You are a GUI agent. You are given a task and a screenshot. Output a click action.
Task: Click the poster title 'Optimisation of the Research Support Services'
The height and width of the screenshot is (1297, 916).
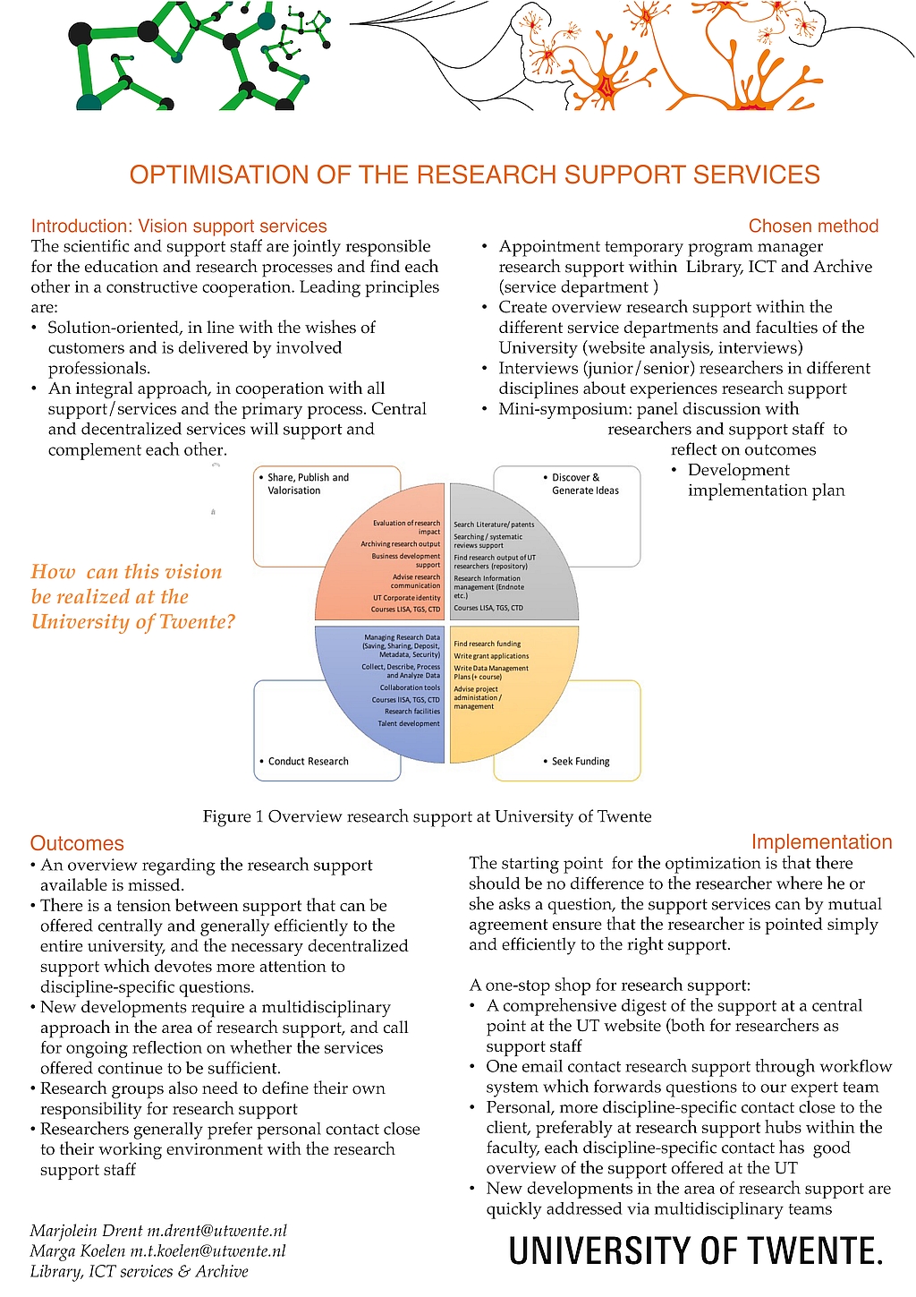(x=474, y=175)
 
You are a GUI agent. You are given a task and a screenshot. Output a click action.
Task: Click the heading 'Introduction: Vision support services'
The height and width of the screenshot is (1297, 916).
(x=179, y=226)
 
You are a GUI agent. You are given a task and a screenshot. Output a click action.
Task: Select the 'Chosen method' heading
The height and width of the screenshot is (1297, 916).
(x=813, y=226)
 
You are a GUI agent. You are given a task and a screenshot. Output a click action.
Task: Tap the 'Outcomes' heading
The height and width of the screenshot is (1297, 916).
(x=77, y=843)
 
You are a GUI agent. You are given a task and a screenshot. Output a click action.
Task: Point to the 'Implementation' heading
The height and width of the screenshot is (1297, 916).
(x=821, y=842)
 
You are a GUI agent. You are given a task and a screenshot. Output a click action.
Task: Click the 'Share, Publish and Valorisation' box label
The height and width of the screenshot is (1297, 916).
(x=308, y=484)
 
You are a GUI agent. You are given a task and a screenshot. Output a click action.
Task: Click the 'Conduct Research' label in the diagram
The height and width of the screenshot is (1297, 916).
(x=308, y=762)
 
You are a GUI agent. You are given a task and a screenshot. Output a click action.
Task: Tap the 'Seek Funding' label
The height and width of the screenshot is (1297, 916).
(x=581, y=762)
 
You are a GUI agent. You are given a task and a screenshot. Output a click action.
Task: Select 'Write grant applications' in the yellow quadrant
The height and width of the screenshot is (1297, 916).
(x=491, y=656)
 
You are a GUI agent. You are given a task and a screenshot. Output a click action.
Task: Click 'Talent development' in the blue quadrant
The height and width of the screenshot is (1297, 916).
(x=409, y=723)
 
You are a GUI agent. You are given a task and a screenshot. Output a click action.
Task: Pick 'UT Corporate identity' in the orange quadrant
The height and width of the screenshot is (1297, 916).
(x=407, y=598)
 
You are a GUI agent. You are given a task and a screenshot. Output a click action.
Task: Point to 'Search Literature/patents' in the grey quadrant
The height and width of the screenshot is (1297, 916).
(x=494, y=525)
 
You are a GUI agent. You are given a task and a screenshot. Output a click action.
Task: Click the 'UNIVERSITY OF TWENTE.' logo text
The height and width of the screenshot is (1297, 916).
(x=695, y=1250)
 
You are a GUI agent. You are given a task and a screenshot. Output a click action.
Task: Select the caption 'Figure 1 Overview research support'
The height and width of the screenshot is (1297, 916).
(x=427, y=816)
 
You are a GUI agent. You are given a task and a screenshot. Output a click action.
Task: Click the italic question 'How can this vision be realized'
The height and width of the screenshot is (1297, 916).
(x=132, y=597)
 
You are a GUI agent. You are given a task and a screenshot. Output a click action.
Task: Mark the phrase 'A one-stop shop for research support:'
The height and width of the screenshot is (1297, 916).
(x=610, y=986)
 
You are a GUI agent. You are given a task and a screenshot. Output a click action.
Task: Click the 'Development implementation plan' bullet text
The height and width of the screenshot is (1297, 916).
(x=766, y=481)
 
